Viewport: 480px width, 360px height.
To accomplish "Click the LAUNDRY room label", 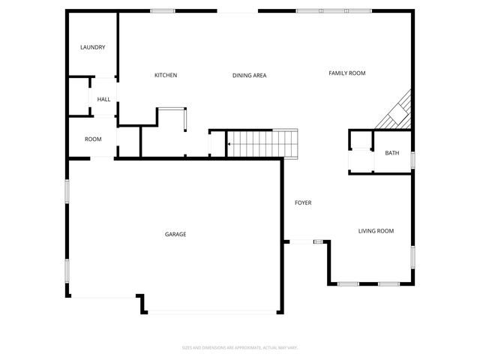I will (93, 48).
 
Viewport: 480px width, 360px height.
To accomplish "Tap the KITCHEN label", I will (166, 75).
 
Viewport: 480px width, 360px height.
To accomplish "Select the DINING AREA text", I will (250, 75).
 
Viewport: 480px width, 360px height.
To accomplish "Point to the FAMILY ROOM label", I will (347, 73).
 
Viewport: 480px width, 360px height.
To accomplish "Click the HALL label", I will (103, 99).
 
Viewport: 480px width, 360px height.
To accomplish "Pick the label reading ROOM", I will (93, 139).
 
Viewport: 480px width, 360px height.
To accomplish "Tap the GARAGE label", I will (175, 234).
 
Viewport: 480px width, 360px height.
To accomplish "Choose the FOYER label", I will (303, 202).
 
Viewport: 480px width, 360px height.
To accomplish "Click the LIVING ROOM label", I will (376, 231).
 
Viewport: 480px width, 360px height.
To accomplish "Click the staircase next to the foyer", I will (263, 143).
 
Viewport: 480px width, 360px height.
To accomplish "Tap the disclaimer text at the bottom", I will (240, 347).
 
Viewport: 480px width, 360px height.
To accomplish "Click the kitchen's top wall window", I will (163, 10).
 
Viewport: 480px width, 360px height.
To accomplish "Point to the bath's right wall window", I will (412, 160).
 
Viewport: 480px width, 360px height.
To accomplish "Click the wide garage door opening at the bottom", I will (213, 312).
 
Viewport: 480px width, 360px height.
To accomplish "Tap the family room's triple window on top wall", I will (334, 10).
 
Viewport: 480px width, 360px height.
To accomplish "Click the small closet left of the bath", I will (361, 160).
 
